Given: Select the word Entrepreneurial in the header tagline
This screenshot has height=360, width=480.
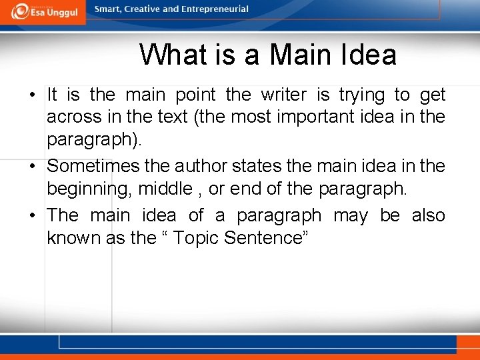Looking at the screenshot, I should [x=216, y=9].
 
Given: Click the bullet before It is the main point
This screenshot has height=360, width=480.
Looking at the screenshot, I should [x=31, y=95].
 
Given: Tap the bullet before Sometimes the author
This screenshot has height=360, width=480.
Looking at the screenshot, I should [x=31, y=165].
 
